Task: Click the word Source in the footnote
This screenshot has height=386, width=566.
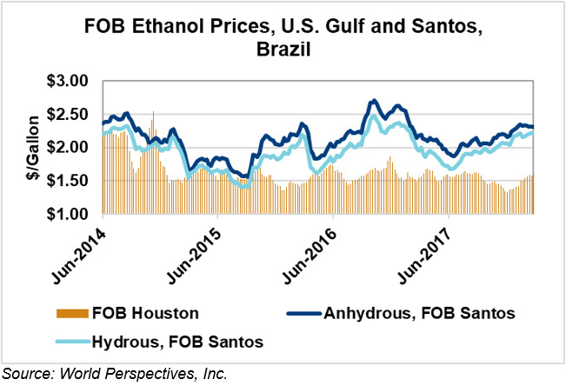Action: (23, 375)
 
